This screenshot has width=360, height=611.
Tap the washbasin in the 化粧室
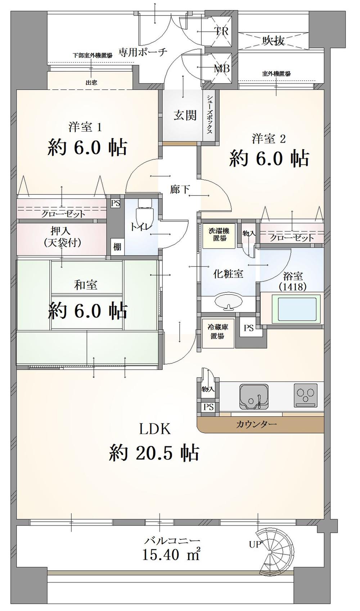point(229,302)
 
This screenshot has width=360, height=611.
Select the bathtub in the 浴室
point(297,309)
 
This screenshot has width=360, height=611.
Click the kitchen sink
point(254,397)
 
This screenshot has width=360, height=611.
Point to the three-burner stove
point(306,395)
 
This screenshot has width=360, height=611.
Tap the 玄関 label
point(185,115)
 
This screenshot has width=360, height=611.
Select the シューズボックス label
point(210,114)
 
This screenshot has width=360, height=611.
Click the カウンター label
point(257,424)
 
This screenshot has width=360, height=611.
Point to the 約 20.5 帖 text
point(154,453)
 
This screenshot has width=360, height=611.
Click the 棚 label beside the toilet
point(117,247)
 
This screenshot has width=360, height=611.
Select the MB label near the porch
point(222,68)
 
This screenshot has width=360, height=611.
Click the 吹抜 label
point(274,41)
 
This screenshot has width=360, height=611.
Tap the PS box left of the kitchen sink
point(208,407)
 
